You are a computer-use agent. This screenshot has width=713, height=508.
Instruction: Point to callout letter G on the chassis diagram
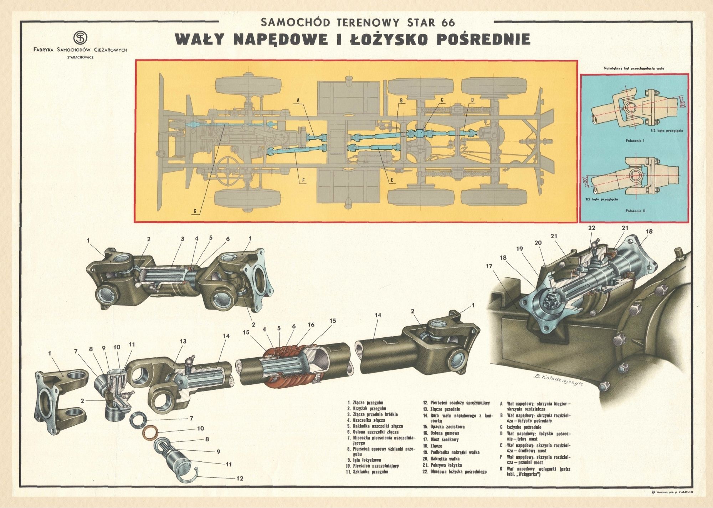click(x=195, y=211)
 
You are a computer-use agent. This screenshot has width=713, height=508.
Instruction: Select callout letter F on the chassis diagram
click(x=303, y=180)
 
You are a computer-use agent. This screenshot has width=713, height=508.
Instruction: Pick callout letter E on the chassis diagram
click(x=392, y=181)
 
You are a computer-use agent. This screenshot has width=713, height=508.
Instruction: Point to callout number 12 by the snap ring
click(x=240, y=478)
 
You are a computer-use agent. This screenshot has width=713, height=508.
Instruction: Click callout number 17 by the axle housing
click(x=488, y=266)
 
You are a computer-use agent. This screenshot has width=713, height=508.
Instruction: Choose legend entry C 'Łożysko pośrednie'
click(x=521, y=427)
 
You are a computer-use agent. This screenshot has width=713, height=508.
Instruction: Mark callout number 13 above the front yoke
click(x=183, y=341)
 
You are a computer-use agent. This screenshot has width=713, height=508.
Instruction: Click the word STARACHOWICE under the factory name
click(x=80, y=57)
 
